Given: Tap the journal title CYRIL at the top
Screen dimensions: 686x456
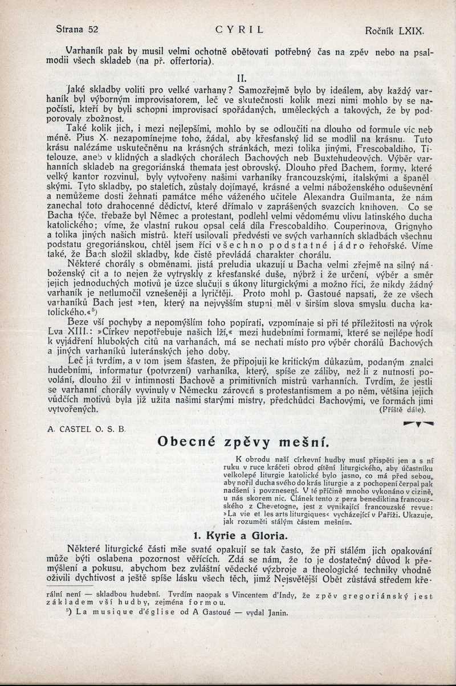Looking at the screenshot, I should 240,29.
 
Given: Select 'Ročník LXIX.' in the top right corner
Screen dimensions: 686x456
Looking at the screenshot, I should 394,29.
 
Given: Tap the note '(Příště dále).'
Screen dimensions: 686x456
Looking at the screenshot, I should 402,409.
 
